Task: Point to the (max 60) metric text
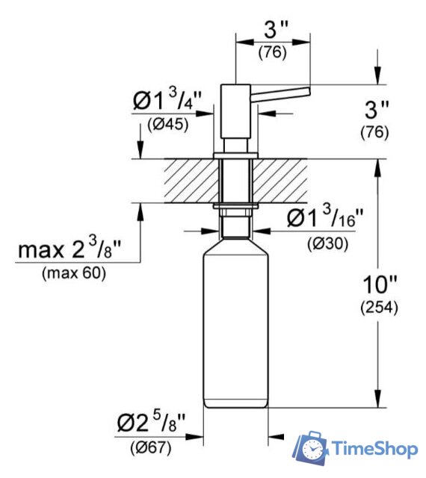[72, 273]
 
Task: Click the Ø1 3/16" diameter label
[325, 220]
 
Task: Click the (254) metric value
[379, 307]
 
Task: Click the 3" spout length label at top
[275, 32]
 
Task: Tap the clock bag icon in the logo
[310, 447]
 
